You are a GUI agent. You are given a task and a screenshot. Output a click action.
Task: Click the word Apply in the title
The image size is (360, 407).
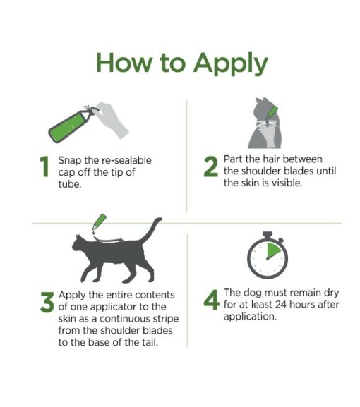[229, 63]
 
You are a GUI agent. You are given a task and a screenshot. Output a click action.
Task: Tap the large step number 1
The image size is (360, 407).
[44, 167]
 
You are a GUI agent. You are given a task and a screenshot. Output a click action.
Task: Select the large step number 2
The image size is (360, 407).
[210, 167]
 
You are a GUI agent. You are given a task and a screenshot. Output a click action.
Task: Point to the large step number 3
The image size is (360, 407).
[47, 303]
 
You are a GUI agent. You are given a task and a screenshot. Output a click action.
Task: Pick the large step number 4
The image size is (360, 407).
[211, 301]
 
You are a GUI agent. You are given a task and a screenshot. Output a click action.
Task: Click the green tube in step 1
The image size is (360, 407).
[67, 124]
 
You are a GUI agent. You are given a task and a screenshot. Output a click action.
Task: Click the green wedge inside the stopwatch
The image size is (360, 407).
[275, 253]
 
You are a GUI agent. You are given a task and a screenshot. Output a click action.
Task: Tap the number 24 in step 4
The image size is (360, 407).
[279, 305]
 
